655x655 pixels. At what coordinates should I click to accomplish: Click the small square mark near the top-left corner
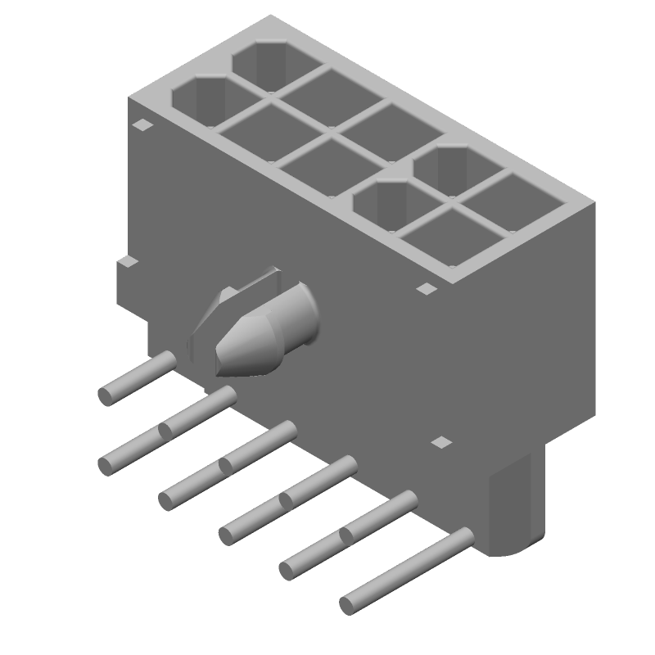tap(143, 125)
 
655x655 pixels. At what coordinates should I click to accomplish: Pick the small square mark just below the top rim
tap(427, 288)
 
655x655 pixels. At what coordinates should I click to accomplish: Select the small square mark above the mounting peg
tap(441, 442)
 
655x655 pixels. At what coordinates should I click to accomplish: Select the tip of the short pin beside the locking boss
tap(106, 396)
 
